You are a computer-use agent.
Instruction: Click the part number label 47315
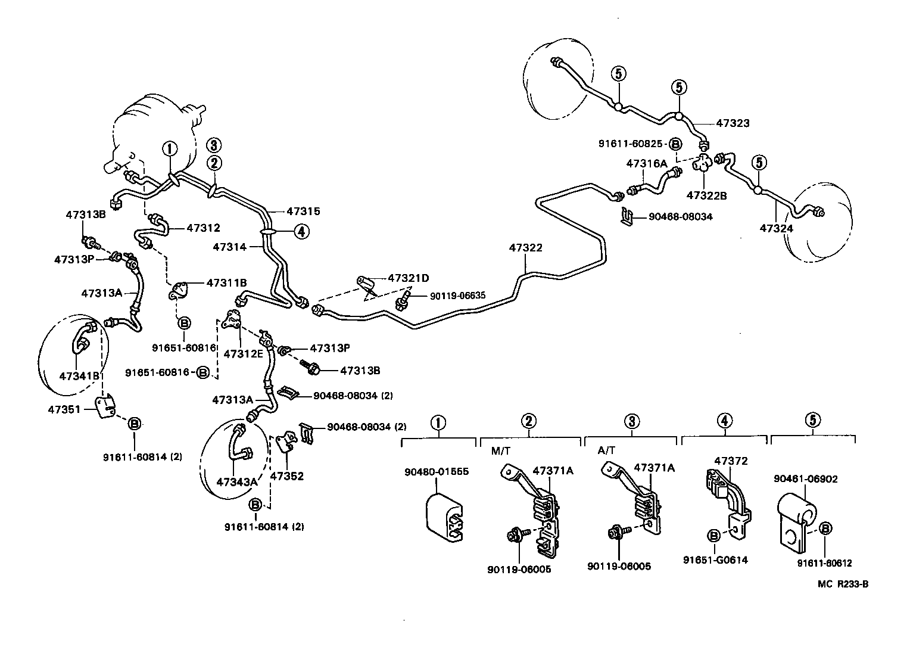[303, 211]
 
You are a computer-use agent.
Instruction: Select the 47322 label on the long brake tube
[525, 247]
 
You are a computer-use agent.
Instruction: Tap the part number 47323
[733, 123]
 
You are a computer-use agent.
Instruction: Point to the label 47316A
[646, 163]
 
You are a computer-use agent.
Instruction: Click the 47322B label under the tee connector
[706, 195]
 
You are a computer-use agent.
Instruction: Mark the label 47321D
[409, 278]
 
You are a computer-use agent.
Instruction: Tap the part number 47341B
[79, 375]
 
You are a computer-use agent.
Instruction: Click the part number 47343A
[237, 481]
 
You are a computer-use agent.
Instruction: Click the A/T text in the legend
[606, 450]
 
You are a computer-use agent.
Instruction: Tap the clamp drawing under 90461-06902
[796, 524]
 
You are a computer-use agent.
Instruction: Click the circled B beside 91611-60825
[675, 144]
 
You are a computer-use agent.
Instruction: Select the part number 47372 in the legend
[731, 461]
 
